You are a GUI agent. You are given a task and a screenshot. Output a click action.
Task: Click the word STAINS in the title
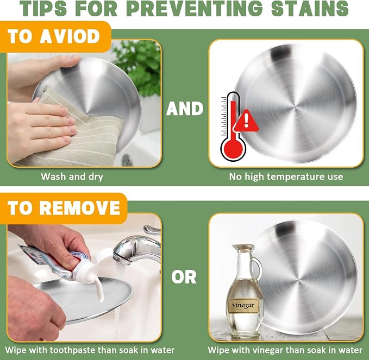(x=309, y=8)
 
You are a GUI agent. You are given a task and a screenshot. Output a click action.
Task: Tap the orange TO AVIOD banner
(x=55, y=37)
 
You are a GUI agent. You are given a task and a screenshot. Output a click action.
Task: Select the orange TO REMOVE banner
(x=64, y=208)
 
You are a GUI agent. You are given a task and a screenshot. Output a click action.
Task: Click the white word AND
(x=185, y=109)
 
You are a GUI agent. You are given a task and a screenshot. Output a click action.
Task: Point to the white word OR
(x=184, y=277)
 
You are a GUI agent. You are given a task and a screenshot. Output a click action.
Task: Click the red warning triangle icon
(x=246, y=121)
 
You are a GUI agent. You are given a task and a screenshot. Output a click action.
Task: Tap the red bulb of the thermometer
(x=233, y=149)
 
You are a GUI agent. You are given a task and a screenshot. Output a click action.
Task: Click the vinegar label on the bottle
(x=243, y=305)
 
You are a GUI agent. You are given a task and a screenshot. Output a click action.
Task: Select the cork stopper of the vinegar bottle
(x=243, y=248)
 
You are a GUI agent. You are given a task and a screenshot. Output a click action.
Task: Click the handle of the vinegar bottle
(x=258, y=268)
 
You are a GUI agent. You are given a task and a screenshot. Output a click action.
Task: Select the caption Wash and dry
(x=72, y=176)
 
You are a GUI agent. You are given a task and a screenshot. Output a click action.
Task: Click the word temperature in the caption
(x=297, y=176)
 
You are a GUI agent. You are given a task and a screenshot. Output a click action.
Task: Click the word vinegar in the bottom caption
(x=267, y=350)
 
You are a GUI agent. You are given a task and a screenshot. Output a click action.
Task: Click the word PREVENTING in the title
(x=195, y=8)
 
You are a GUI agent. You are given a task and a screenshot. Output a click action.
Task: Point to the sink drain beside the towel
(x=127, y=160)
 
